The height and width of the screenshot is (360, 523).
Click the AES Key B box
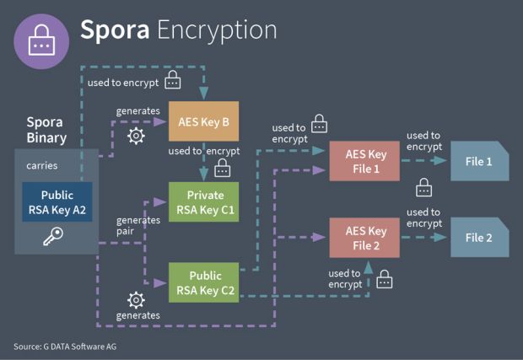pos(203,122)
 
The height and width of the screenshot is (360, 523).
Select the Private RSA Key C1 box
pos(203,202)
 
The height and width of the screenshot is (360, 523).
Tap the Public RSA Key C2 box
pos(203,282)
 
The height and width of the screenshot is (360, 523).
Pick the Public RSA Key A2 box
pos(57,201)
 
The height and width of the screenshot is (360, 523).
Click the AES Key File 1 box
pos(365,161)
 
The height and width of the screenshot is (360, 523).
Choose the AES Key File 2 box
pos(365,237)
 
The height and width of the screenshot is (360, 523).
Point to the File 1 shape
pos(478,161)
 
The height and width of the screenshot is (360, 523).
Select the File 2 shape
pos(478,237)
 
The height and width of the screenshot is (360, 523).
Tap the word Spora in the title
pos(115,30)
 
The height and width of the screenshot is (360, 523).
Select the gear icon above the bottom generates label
pos(134,299)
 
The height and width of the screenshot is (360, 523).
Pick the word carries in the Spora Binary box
pos(41,165)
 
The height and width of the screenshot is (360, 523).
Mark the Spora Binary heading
pos(45,130)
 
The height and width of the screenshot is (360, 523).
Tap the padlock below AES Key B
pos(223,169)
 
